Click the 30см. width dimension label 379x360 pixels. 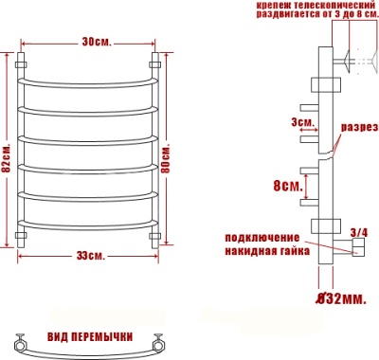coord(93,43)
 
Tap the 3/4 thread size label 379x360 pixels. coord(359,231)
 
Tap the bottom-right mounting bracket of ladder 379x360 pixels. coord(155,235)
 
